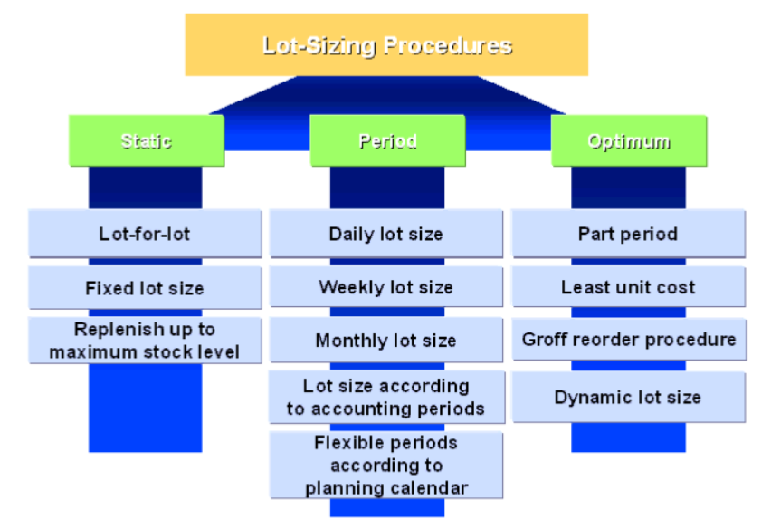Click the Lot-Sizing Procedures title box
[x=386, y=45]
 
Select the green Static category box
[x=147, y=140]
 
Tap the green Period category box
[x=387, y=140]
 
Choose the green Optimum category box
[x=629, y=140]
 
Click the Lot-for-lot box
[x=145, y=234]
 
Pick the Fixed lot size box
[x=145, y=288]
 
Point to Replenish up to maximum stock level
[x=145, y=341]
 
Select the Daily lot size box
[x=386, y=234]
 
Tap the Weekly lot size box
[x=386, y=287]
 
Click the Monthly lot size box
[x=386, y=341]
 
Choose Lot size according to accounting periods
[x=386, y=397]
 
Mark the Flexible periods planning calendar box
[x=386, y=465]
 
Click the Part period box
[x=628, y=234]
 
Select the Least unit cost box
[x=628, y=287]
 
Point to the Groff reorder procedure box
[x=628, y=341]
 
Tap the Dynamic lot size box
[x=628, y=397]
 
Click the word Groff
[x=544, y=341]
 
